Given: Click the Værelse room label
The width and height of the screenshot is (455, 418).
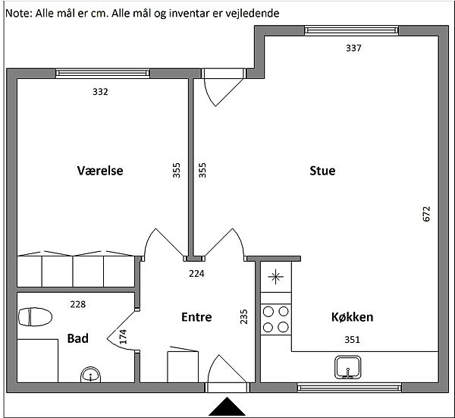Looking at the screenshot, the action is pos(100,171).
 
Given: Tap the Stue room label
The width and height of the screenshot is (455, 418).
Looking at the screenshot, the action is pos(322,171).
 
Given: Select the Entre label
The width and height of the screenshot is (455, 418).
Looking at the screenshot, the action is pos(196,317).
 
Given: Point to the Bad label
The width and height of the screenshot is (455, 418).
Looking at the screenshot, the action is pos(78,338).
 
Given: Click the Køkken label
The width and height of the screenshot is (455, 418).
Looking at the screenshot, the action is pos(353,317).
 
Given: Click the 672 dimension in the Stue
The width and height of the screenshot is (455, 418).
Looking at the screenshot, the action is pos(426,214).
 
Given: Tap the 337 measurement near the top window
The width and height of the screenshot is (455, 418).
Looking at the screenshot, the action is pos(353,48).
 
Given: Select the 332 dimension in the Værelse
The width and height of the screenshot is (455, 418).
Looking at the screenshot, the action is pos(100,92).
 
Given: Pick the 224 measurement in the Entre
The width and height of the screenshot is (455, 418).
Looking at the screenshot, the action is pos(196,274).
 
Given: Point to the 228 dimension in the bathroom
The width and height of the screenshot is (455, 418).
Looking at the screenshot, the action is pos(78,304).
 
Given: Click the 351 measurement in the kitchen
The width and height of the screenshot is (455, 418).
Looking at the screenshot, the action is pos(352,340).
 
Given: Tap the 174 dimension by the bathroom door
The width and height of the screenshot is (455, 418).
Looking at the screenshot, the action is pos(123,337).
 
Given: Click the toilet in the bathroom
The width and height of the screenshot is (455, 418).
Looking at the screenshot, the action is pos(35,316).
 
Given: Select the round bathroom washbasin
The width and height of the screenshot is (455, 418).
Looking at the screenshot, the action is pos(90,375).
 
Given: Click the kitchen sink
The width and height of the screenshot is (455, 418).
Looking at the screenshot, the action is pos(347,367).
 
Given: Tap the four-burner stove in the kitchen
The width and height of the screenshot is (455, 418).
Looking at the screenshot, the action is pos(276,319).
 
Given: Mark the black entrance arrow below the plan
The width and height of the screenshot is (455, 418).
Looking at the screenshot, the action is pos(227,407).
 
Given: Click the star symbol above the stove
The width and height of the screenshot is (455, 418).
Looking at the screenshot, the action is pos(275,277).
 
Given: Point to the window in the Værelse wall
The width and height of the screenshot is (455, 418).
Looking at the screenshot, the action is pos(102,74).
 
